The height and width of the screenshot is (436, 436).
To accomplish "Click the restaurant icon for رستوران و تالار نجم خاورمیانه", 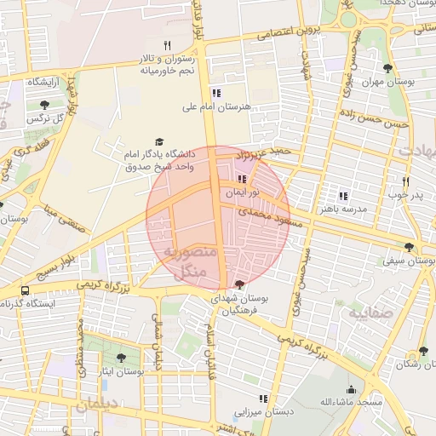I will point(167,45).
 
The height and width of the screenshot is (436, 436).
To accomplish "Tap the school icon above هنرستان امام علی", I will point(216,93).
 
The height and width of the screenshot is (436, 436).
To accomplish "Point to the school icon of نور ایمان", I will point(243,179).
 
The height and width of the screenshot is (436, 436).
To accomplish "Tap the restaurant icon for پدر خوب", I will point(405,181).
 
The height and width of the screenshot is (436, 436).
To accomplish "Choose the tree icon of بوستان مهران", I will point(387,67).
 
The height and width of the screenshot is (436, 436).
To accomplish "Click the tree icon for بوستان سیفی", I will point(410,248).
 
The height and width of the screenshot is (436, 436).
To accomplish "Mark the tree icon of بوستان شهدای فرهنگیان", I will point(238,284).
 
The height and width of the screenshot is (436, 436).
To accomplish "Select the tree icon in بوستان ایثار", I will point(120,359).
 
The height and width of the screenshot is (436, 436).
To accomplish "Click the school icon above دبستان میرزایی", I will point(263,398).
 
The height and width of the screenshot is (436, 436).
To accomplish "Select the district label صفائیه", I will point(369,313).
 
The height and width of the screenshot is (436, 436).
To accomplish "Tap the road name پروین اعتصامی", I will point(287,32).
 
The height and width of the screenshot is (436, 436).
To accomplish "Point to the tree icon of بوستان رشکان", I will point(423,350).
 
